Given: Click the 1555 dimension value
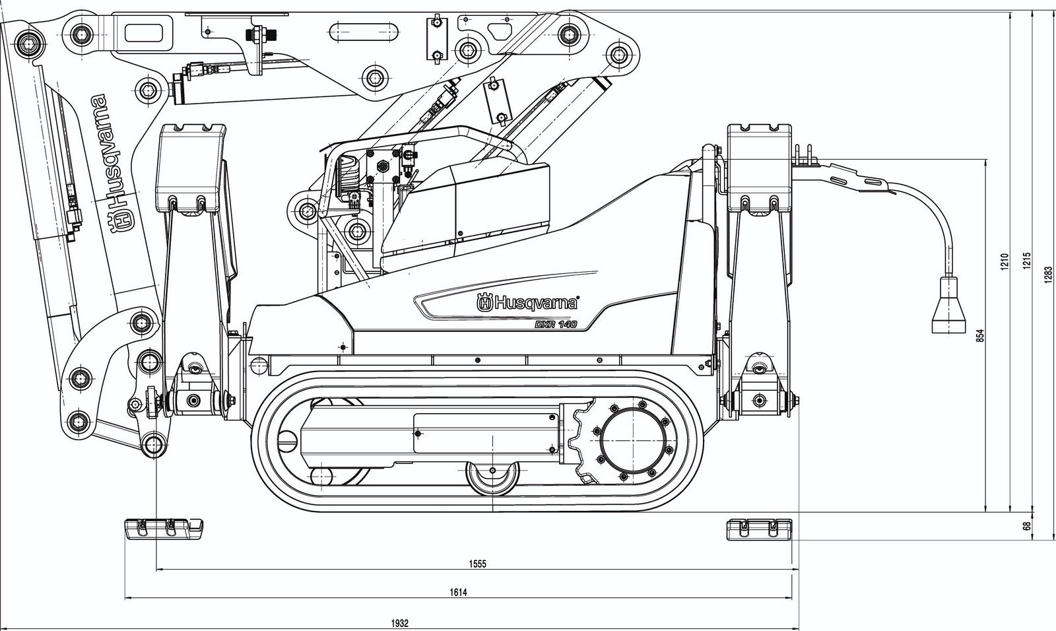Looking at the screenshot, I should pyautogui.click(x=477, y=564).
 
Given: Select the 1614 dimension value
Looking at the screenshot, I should pyautogui.click(x=459, y=593).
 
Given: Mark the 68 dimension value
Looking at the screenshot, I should pyautogui.click(x=1026, y=527).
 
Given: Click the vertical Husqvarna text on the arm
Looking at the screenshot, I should pyautogui.click(x=112, y=162).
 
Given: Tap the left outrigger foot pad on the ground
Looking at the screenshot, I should pyautogui.click(x=164, y=528).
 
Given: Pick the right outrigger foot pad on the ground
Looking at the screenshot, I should pyautogui.click(x=759, y=529).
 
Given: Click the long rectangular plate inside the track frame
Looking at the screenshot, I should pyautogui.click(x=486, y=433).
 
